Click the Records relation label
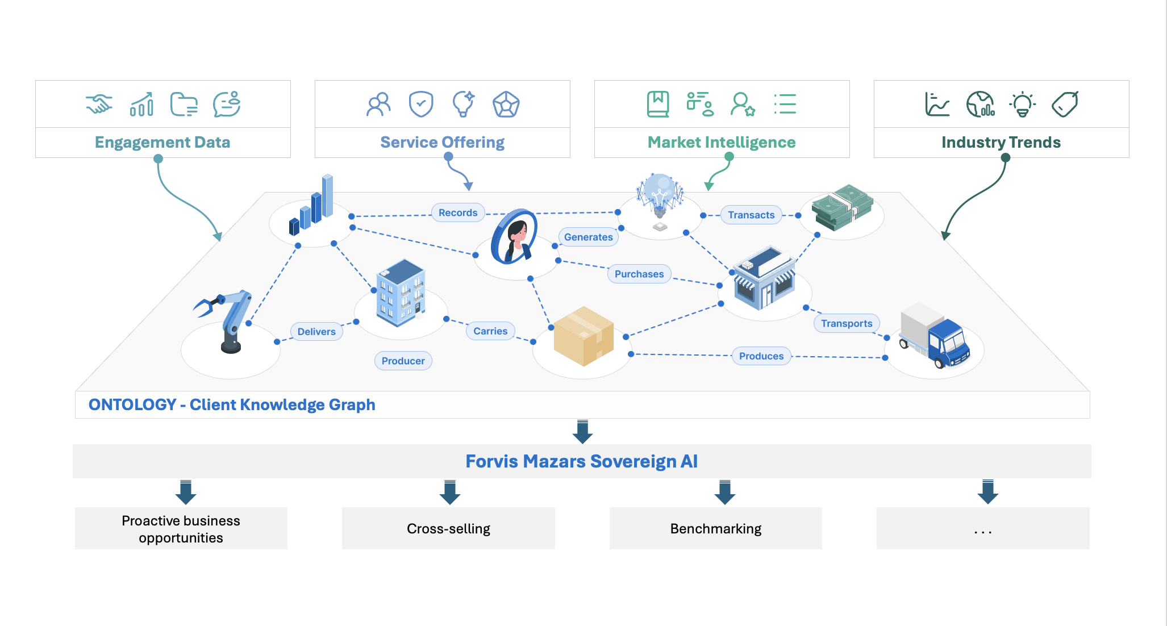tap(458, 212)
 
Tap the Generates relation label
tap(588, 237)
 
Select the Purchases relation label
tap(639, 274)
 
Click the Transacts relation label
tap(751, 215)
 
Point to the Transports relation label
tap(846, 323)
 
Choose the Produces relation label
tap(761, 356)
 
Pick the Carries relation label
tap(490, 331)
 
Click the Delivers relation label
tap(316, 331)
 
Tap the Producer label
tap(403, 361)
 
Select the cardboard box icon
tap(583, 336)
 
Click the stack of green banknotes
tap(841, 208)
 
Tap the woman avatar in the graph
tap(515, 238)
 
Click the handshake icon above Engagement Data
tap(99, 104)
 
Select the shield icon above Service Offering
tap(421, 104)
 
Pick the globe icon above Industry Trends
tap(980, 104)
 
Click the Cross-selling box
tap(448, 528)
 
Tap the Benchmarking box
tap(715, 528)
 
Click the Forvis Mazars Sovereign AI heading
tap(581, 461)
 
